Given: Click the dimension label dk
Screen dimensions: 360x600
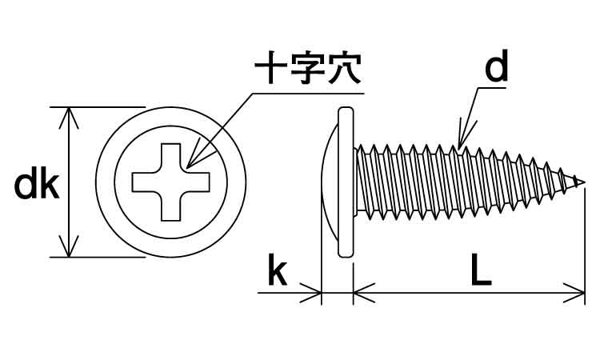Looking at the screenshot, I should pos(37,186).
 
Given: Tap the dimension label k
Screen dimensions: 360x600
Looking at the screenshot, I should pos(276,272).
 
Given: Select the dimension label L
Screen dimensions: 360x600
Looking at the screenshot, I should pos(480,272).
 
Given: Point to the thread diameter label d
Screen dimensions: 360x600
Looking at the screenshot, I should pos(497,70).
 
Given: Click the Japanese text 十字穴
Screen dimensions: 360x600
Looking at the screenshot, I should pos(307,70).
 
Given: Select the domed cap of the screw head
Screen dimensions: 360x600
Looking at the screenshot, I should pos(330,182).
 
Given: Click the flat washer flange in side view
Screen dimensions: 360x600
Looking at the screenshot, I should pos(346,182).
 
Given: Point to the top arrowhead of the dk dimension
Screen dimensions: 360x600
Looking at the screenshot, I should pos(71,114).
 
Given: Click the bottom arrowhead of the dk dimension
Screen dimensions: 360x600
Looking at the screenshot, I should pos(71,250).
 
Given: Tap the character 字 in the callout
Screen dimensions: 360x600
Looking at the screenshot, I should pos(307,70).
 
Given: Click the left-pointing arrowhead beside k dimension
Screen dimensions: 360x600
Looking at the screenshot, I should pos(314,294).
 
